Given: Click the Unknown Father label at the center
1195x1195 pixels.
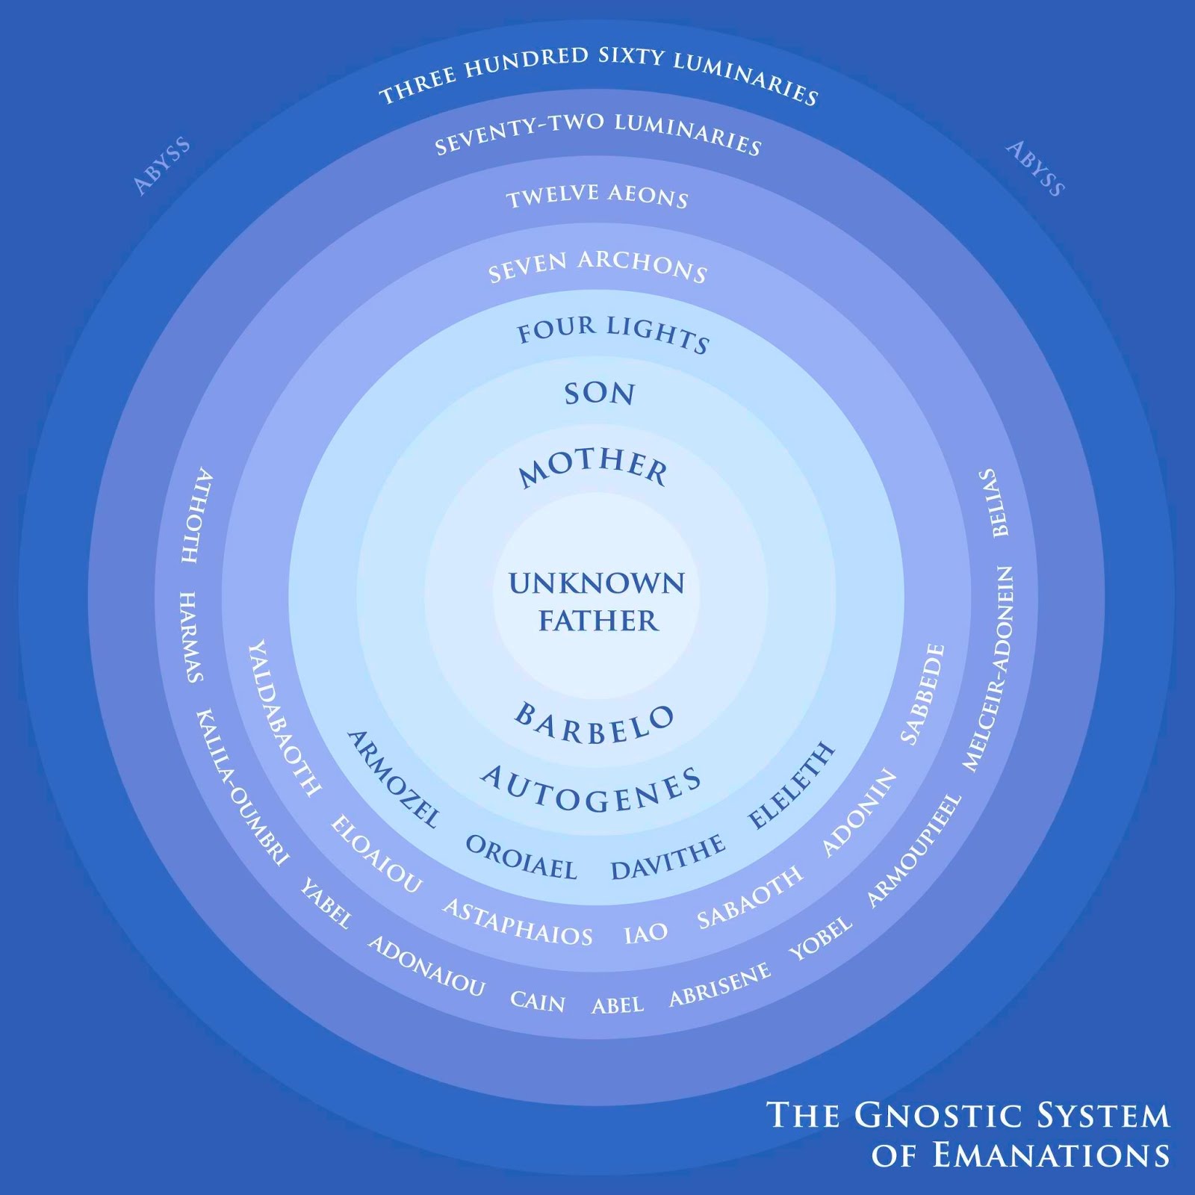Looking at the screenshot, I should [x=597, y=602].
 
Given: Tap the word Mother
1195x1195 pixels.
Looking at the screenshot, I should [x=594, y=468].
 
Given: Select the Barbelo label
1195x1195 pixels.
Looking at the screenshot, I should [x=595, y=724].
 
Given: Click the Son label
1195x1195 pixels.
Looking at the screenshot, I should [x=599, y=394].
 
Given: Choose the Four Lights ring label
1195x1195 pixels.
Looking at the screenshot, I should [x=612, y=333].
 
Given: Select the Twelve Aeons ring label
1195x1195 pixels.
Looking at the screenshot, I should [x=597, y=196].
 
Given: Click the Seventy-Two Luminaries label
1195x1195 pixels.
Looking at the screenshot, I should [x=597, y=134].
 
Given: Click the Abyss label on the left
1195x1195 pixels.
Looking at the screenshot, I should [x=161, y=166].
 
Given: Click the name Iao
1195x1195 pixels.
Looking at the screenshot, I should [x=645, y=933].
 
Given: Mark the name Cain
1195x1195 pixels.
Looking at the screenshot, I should [x=538, y=1001].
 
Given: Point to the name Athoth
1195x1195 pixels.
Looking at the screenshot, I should [x=196, y=515].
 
